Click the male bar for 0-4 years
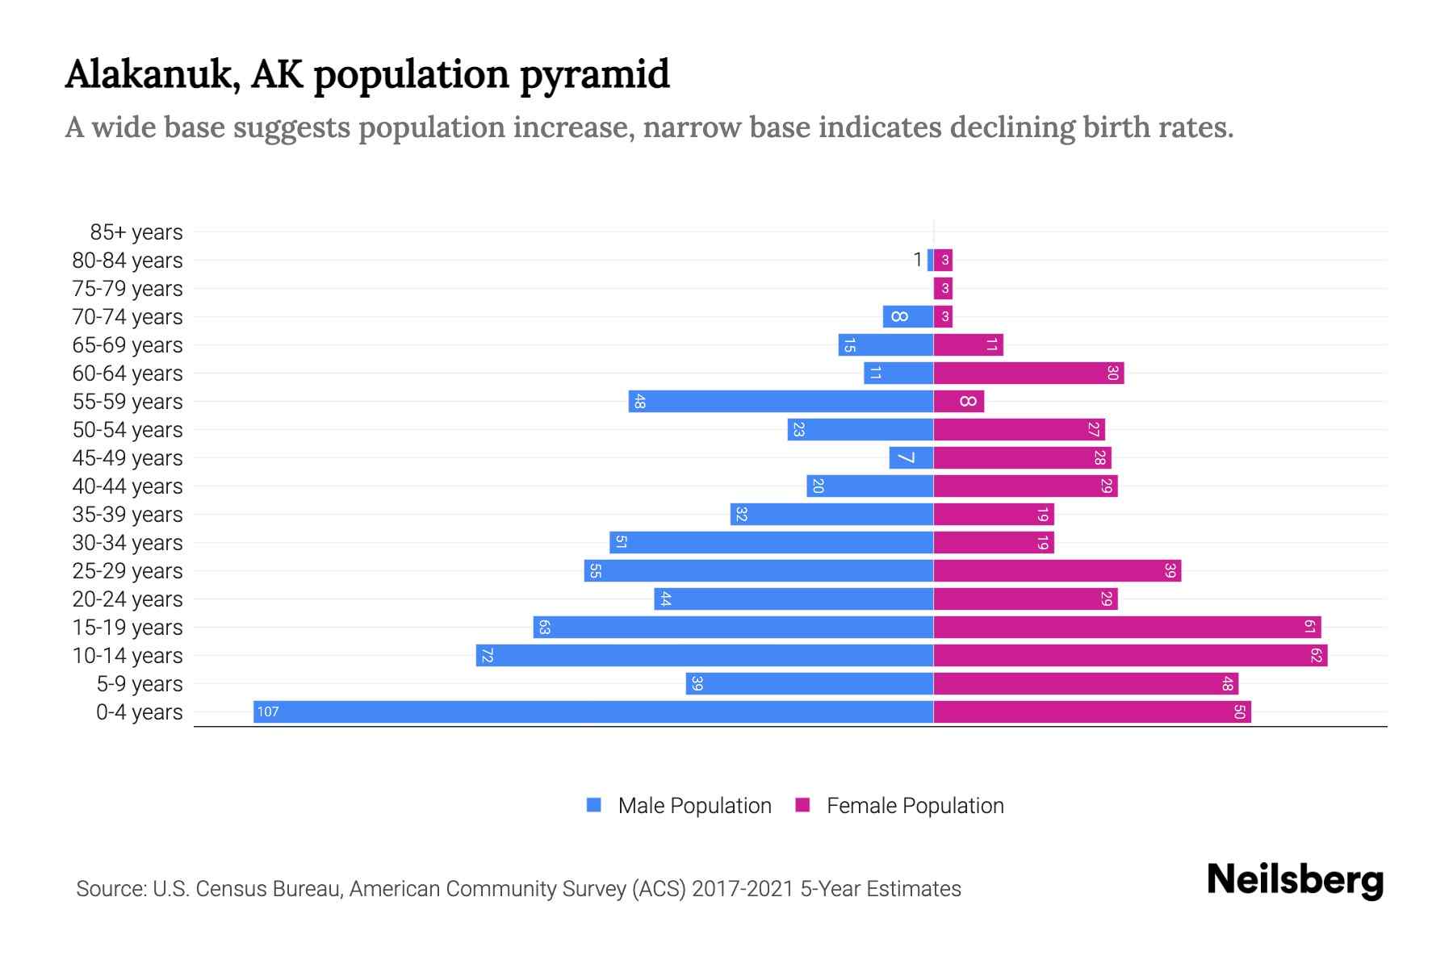point(593,711)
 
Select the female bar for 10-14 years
point(1130,655)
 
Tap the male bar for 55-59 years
point(781,401)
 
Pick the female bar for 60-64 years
point(1028,373)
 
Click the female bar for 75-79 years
point(943,288)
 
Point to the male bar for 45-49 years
point(911,457)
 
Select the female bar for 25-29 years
point(1057,570)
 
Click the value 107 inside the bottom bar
point(268,711)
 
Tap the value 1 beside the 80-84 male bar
point(917,260)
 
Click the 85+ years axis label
point(136,232)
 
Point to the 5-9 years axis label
point(140,684)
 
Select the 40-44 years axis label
point(128,486)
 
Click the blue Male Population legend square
point(594,805)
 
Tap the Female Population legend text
point(915,805)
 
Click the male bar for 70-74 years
point(908,316)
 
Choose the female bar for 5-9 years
point(1086,683)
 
